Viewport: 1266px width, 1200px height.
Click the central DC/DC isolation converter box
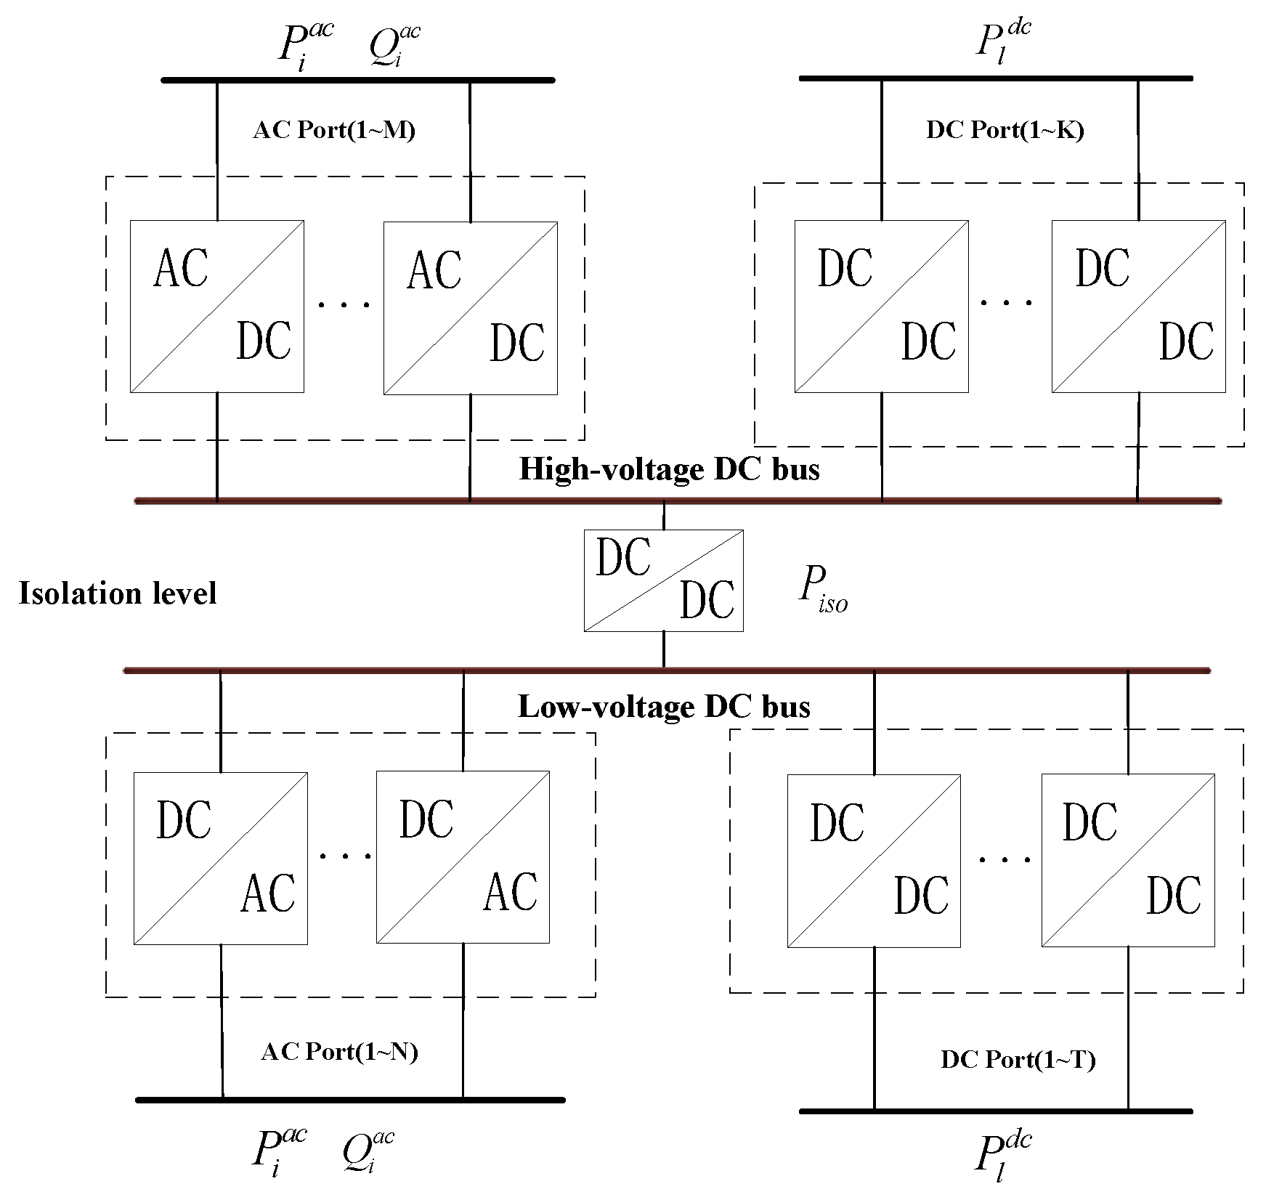point(663,580)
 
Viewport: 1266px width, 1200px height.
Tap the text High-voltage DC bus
point(669,469)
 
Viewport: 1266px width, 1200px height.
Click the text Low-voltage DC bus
point(664,706)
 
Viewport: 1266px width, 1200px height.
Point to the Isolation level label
point(118,593)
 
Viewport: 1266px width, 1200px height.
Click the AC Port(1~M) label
point(334,130)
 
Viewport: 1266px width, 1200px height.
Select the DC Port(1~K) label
point(1005,130)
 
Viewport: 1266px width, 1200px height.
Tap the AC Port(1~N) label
point(339,1051)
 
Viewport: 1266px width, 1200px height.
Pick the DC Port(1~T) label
point(1018,1059)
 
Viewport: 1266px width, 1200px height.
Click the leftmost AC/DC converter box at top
point(216,307)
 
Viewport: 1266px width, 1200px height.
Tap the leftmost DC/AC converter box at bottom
point(220,858)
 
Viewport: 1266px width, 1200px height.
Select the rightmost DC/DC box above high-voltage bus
point(1138,307)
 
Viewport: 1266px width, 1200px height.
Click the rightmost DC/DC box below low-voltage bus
point(1127,860)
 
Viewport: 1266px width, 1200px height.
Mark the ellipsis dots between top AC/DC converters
point(344,304)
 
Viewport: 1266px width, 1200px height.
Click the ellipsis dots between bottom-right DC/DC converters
point(1005,859)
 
